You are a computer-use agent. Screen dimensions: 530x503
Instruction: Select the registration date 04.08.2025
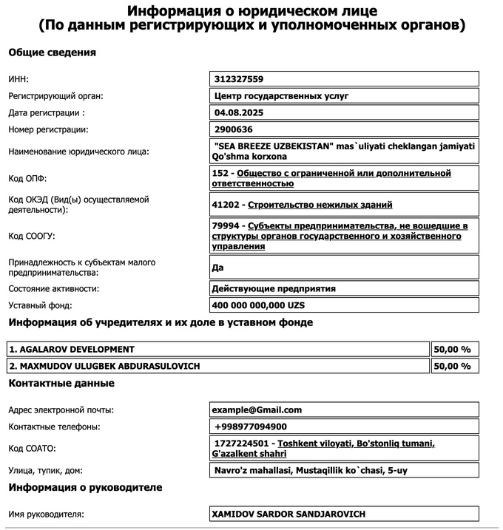pyautogui.click(x=237, y=113)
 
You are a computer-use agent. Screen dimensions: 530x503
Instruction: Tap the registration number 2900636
pyautogui.click(x=233, y=130)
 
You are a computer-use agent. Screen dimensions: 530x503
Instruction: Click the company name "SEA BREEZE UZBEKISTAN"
pyautogui.click(x=272, y=146)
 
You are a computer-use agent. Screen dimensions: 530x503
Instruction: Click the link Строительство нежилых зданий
pyautogui.click(x=320, y=205)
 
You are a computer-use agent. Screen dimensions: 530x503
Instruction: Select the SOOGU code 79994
pyautogui.click(x=226, y=225)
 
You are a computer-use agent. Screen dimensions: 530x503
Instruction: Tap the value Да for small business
pyautogui.click(x=217, y=267)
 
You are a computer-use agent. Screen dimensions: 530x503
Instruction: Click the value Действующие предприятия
pyautogui.click(x=278, y=288)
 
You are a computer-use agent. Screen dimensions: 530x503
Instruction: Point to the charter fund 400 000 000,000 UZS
pyautogui.click(x=257, y=305)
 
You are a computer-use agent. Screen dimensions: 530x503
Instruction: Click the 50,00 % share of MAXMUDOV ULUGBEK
pyautogui.click(x=451, y=366)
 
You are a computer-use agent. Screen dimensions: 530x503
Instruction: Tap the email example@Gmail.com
pyautogui.click(x=257, y=410)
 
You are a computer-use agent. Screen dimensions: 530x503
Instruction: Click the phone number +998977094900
pyautogui.click(x=251, y=427)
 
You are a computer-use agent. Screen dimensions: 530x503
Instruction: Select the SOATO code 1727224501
pyautogui.click(x=242, y=443)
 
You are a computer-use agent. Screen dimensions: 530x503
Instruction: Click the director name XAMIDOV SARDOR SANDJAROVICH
pyautogui.click(x=288, y=514)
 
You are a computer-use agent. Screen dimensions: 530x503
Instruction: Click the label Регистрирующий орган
pyautogui.click(x=55, y=96)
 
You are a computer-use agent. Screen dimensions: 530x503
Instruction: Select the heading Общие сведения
pyautogui.click(x=52, y=52)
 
